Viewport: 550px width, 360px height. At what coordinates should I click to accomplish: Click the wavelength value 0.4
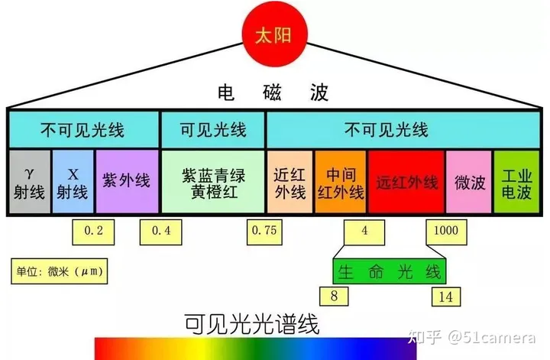coord(161,230)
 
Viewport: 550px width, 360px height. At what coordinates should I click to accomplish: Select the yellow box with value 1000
coord(445,230)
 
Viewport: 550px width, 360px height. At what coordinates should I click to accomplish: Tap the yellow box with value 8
coord(335,295)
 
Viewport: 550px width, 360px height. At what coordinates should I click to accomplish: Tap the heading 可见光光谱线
coord(252,323)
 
